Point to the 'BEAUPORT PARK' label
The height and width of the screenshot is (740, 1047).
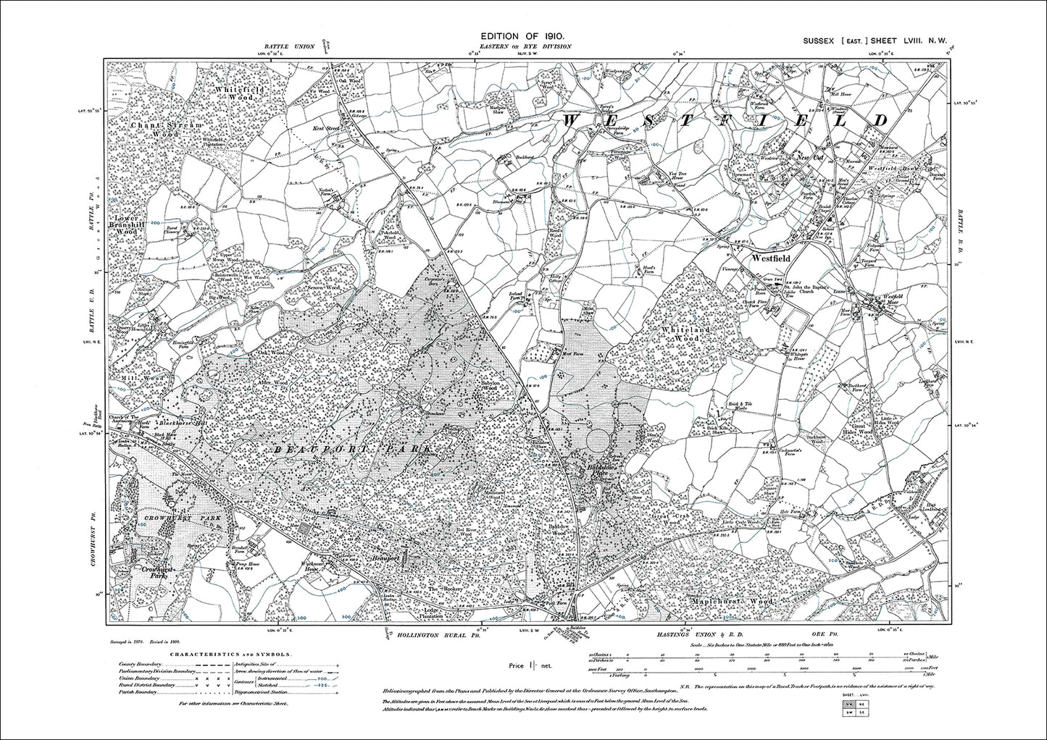[354, 450]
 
